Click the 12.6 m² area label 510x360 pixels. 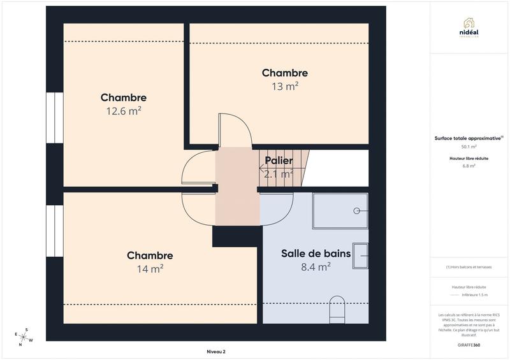[123, 111]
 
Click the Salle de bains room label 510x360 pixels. [316, 254]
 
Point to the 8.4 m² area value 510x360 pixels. [316, 267]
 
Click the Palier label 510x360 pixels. [279, 161]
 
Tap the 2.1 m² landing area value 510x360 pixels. [279, 173]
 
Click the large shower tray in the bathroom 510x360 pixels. [340, 211]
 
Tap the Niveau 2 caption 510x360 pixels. [216, 352]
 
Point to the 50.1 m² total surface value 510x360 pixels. [469, 146]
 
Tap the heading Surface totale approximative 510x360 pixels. [467, 138]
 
